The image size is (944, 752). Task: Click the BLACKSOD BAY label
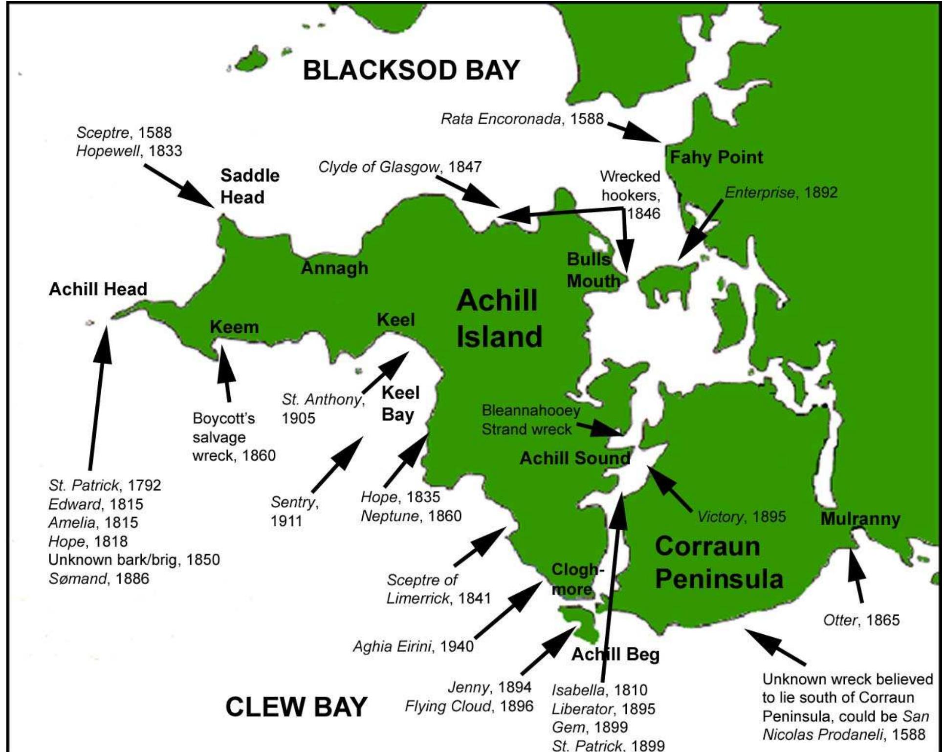coord(411,70)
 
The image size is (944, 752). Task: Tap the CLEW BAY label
coord(296,707)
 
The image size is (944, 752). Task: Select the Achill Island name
coord(499,319)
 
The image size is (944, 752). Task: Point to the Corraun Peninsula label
coord(719,562)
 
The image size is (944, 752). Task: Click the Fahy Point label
coord(716,157)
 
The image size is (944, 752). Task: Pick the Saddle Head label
coord(250,186)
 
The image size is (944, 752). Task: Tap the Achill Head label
coord(98,289)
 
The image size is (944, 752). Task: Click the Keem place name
coord(234,327)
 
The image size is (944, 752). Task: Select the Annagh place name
coord(334,268)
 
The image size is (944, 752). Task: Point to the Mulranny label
coord(860,519)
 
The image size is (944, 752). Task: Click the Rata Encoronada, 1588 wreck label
coord(522,119)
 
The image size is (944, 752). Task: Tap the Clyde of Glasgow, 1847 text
coord(400,167)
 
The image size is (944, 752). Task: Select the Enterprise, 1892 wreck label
coord(781,193)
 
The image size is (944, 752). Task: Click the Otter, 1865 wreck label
coord(861,620)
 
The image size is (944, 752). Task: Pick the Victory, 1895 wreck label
coord(741,516)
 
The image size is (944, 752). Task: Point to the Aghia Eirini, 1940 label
coord(413,646)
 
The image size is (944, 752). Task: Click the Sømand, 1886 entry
coord(98,579)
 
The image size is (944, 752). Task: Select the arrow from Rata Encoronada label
coord(635,130)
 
